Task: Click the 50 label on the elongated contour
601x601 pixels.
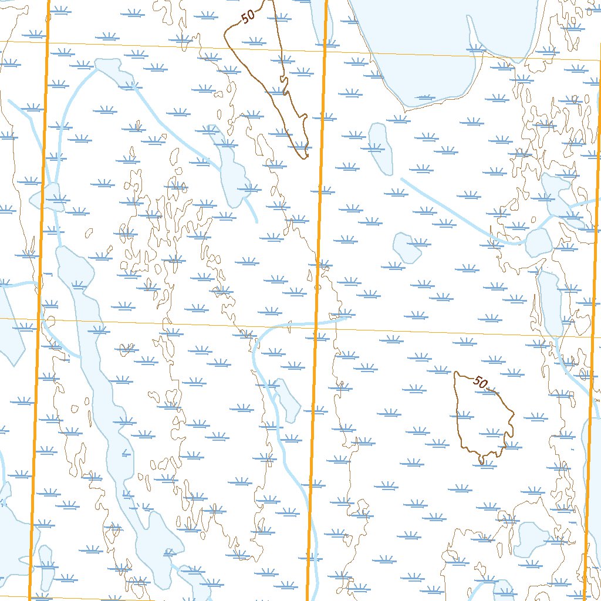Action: [x=248, y=16]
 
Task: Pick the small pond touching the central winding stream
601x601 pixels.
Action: [x=288, y=399]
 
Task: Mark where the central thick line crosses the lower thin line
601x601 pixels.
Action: [x=315, y=325]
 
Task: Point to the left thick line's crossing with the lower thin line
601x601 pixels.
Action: [x=38, y=319]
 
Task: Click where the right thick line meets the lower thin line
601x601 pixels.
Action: [x=593, y=336]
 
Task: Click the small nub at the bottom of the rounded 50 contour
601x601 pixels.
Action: [x=482, y=461]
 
